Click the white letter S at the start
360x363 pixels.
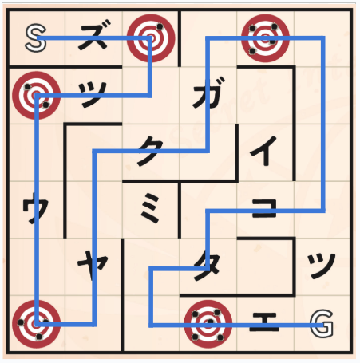(35, 38)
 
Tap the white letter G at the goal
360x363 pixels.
(322, 323)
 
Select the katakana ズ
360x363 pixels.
(93, 34)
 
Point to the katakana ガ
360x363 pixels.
(209, 93)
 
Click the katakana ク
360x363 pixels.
(150, 151)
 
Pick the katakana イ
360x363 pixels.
(263, 150)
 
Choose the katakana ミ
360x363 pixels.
(150, 207)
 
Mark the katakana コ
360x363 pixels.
(264, 209)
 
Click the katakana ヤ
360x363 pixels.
(93, 265)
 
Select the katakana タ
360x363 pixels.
(207, 266)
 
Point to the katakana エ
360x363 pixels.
(264, 322)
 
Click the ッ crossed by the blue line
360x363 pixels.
(93, 94)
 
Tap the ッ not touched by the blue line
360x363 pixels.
(321, 266)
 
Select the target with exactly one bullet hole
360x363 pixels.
(151, 38)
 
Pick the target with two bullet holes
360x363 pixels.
(37, 95)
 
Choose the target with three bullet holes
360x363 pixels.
(37, 324)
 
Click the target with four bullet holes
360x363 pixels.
(265, 38)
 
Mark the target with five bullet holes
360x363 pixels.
(208, 324)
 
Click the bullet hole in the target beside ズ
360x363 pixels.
(160, 26)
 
